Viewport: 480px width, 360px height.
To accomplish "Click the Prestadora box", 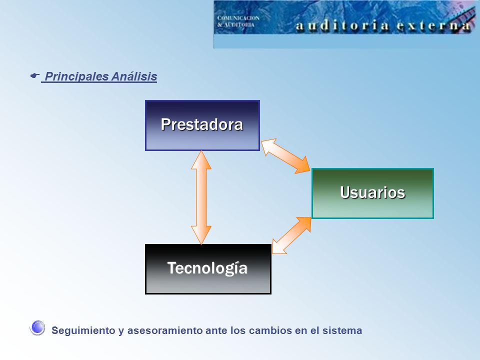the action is click(x=202, y=125).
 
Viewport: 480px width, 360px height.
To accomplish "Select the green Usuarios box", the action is click(x=372, y=193).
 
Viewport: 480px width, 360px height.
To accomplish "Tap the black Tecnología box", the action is click(x=208, y=269).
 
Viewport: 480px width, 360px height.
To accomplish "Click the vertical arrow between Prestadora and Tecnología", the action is click(x=201, y=197).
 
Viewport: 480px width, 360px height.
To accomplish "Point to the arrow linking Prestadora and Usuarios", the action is click(x=285, y=156).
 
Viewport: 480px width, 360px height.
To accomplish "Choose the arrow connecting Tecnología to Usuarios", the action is click(x=291, y=235).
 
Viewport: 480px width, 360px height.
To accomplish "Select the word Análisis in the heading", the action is click(x=134, y=76).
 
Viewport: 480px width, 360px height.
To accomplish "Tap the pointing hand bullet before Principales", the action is click(x=35, y=75).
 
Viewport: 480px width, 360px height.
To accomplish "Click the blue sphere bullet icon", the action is click(x=37, y=328).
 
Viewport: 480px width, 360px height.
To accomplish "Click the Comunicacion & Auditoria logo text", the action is click(x=238, y=21).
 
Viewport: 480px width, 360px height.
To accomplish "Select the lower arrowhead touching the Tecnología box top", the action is click(x=201, y=235).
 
